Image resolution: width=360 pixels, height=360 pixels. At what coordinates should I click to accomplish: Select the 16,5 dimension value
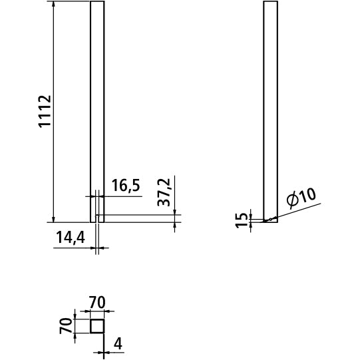coord(125,186)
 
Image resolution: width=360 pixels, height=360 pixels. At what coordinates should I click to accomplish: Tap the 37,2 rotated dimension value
coord(164,192)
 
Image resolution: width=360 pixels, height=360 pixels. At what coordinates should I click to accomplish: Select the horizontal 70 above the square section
coord(97,303)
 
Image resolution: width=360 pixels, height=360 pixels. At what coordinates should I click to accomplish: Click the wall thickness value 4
coord(118,343)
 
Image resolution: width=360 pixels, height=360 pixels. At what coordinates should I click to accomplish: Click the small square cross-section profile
coord(97,325)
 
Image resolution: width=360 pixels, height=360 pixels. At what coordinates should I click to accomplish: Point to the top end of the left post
coord(97,3)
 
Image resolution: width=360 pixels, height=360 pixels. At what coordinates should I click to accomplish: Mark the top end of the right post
coord(271,3)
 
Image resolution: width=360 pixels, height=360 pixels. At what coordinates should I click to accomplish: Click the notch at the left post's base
coord(98,218)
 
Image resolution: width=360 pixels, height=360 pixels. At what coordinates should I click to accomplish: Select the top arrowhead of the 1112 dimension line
coord(53,5)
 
